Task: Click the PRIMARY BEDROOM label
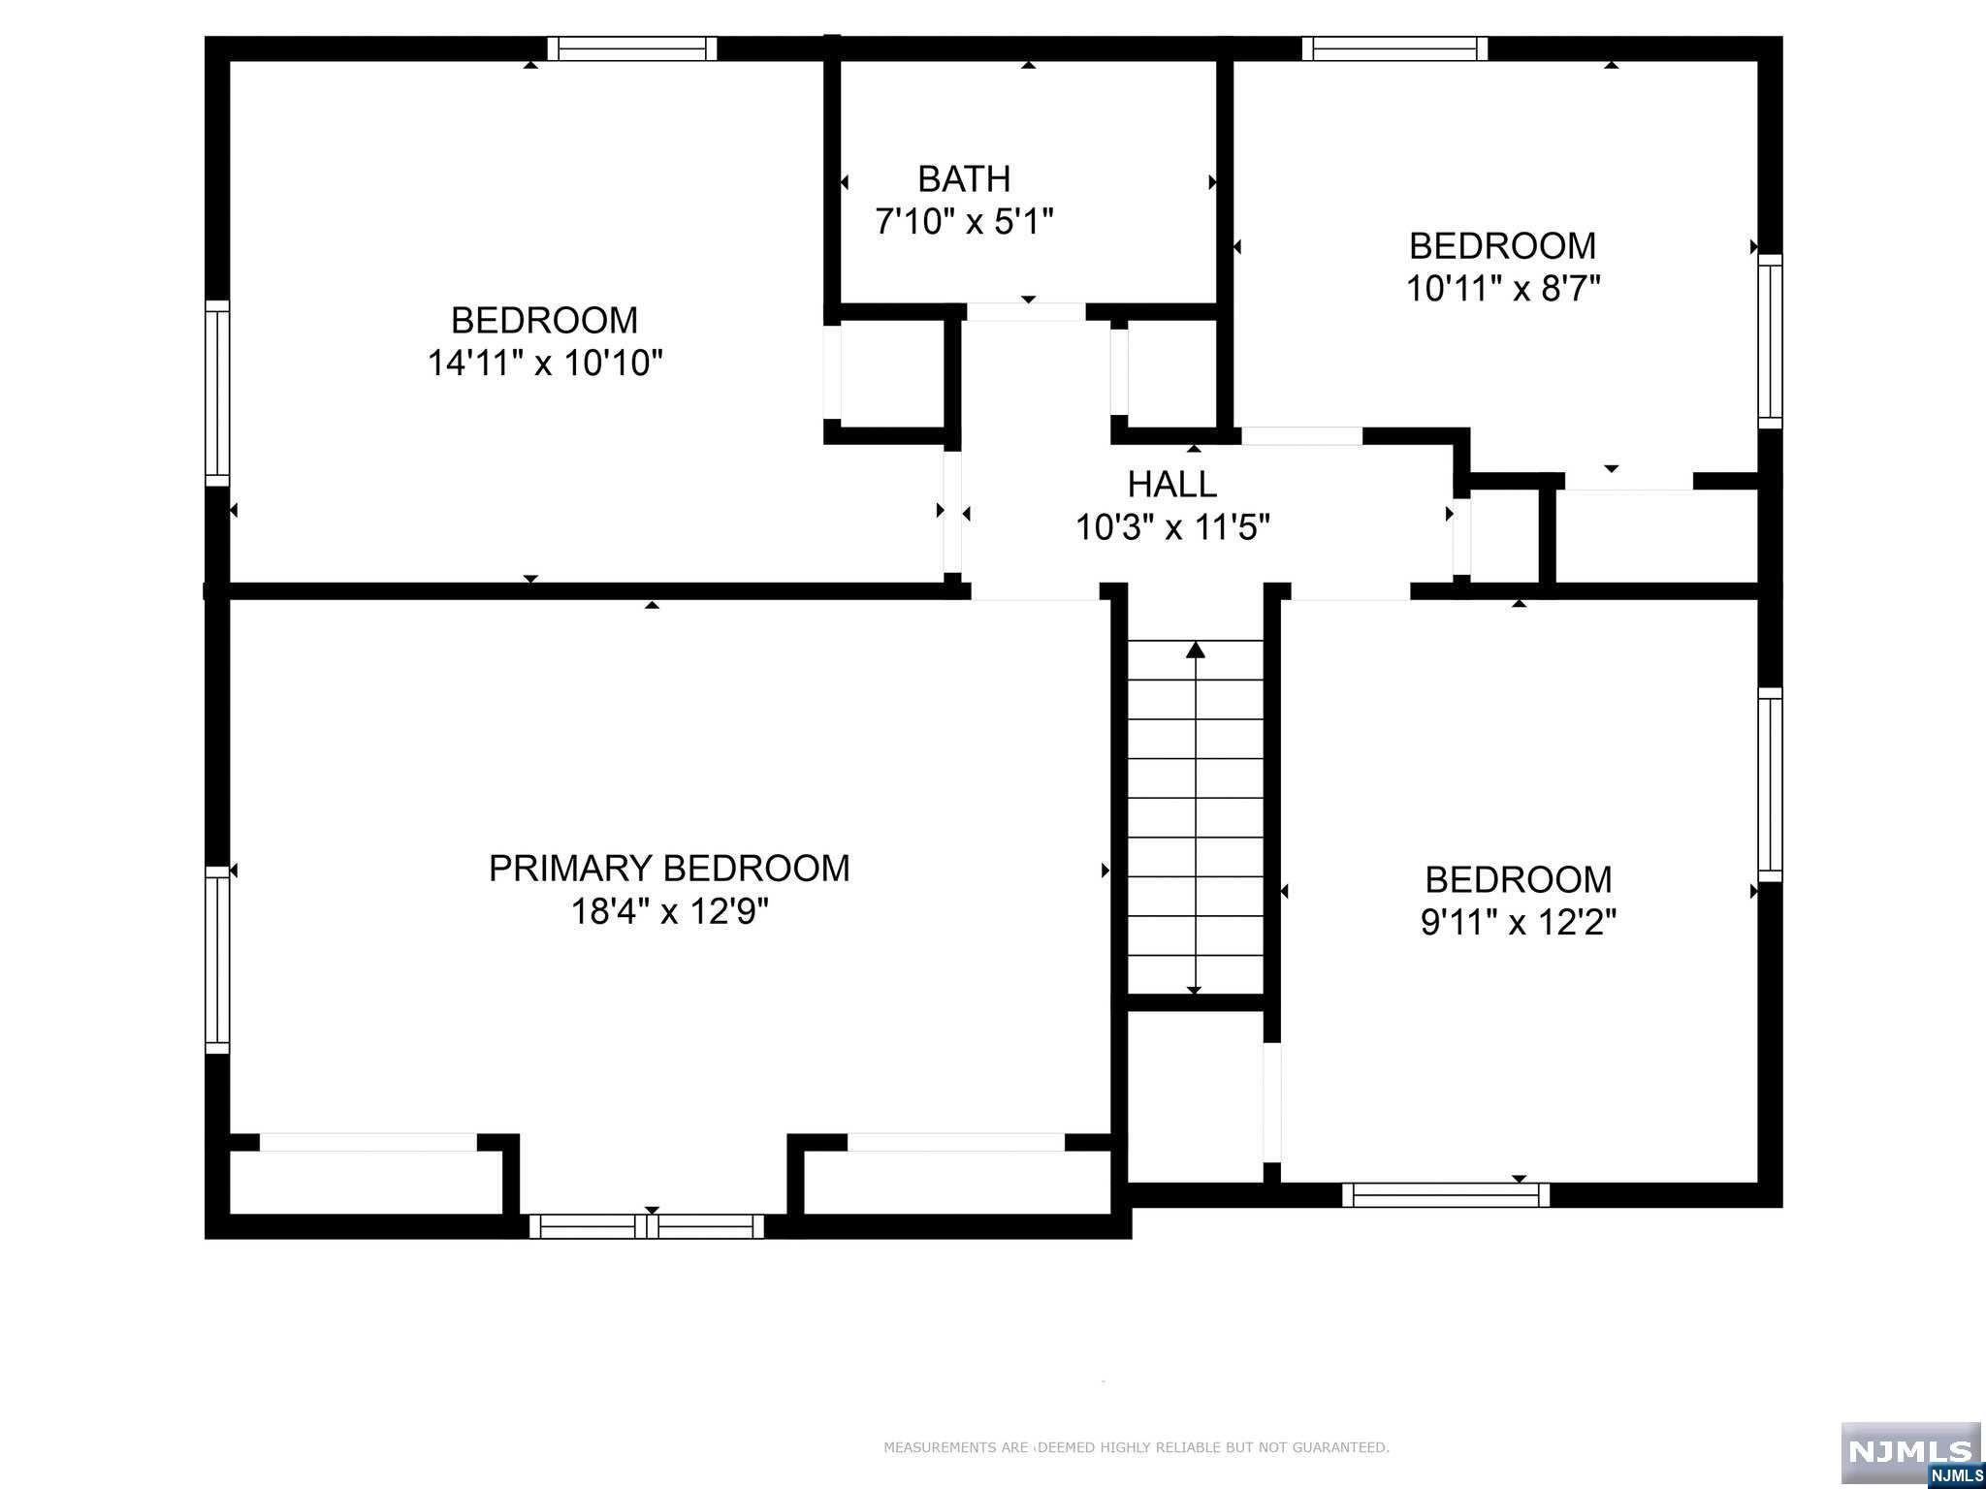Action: point(669,868)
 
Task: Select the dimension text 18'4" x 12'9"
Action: point(669,912)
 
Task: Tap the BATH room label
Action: point(964,179)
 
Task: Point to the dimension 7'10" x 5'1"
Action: point(964,222)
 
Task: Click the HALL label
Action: point(1171,484)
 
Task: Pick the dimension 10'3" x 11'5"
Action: point(1171,528)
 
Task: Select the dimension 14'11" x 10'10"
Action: point(545,364)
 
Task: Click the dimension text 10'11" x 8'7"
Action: point(1502,289)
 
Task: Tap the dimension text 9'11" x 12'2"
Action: point(1518,922)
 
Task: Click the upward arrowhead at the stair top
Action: point(1196,649)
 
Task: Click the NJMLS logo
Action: point(1910,1451)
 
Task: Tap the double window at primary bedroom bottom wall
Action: point(647,1226)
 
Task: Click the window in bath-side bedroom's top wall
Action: point(631,48)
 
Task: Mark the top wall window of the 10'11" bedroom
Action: point(1394,48)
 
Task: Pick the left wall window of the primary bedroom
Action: point(217,960)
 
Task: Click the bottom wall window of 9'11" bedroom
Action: point(1445,1195)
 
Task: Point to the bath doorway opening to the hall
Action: point(1026,312)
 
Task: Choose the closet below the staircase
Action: point(1196,1095)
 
